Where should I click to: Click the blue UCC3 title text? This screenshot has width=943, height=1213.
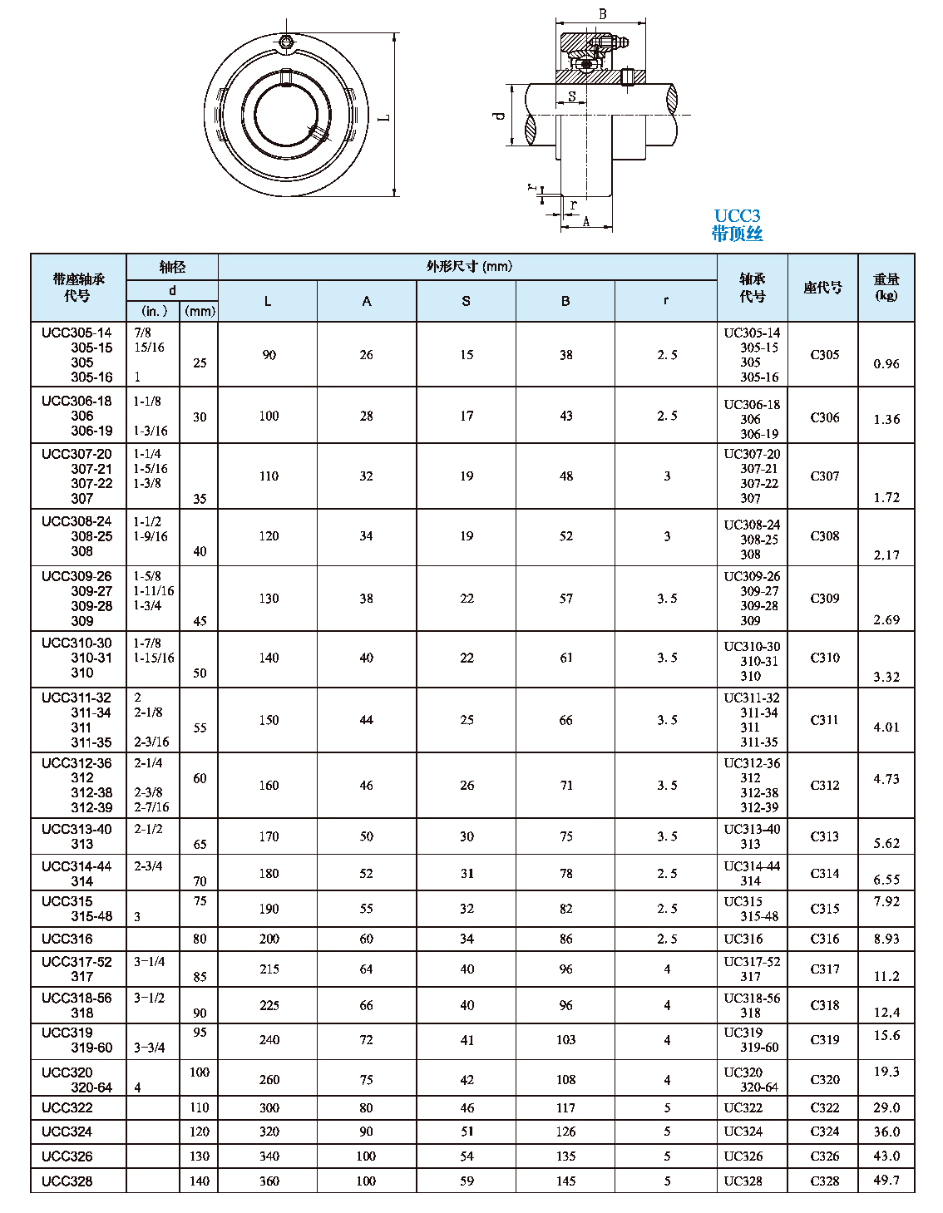point(737,216)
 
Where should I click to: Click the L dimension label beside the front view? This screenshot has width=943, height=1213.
point(385,117)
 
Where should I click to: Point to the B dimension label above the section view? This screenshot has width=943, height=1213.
point(603,14)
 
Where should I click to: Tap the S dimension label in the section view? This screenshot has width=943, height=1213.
point(572,96)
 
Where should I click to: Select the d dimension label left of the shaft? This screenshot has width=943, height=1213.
point(499,116)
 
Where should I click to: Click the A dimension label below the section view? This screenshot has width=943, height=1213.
point(586,222)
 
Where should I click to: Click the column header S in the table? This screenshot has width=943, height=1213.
point(466,301)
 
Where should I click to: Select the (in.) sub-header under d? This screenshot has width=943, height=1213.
point(154,311)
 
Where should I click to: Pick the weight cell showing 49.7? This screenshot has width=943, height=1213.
point(886,1181)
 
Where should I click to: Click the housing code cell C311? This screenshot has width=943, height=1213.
point(824,720)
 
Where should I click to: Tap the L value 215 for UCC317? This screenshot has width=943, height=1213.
point(269,969)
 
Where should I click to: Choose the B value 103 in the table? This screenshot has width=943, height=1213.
point(565,1040)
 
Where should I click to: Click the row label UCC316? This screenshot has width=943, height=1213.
point(67,939)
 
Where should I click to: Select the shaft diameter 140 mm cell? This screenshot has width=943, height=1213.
point(200,1181)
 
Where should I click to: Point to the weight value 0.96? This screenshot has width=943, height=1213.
point(886,364)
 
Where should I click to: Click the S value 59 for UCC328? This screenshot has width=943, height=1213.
point(467,1181)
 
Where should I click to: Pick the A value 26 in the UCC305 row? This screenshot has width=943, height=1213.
point(367,355)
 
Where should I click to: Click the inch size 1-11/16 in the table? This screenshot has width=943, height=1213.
point(155,591)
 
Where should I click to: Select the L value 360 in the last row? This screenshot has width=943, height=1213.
point(269,1181)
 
